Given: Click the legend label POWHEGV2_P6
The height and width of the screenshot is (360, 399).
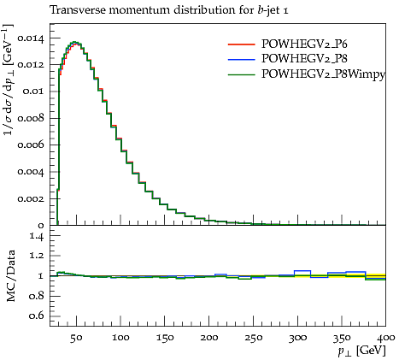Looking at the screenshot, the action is click(x=304, y=44).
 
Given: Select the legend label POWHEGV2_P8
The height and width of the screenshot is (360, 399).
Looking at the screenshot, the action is click(x=304, y=59).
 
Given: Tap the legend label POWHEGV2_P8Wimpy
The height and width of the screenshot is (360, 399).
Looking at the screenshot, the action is click(x=323, y=74).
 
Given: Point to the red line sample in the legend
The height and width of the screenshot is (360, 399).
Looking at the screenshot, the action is click(x=241, y=44).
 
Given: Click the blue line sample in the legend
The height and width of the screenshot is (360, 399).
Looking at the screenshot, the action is click(x=241, y=59).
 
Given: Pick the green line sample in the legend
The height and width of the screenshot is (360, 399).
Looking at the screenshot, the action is click(x=241, y=74).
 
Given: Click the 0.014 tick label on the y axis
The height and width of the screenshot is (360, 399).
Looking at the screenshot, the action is click(x=31, y=38).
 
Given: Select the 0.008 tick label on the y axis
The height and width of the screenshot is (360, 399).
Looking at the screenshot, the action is click(x=31, y=118).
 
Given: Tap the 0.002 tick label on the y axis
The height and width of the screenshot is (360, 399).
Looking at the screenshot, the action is click(x=31, y=198).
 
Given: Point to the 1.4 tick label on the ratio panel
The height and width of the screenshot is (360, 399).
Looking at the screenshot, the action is click(x=37, y=236).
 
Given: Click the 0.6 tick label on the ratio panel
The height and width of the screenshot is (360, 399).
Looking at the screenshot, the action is click(x=37, y=316).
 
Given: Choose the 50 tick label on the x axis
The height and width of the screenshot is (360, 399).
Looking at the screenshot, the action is click(x=76, y=338).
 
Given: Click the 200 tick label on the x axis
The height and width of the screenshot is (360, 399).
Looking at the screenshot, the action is click(x=209, y=338).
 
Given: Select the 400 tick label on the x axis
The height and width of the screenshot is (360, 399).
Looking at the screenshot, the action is click(x=385, y=338).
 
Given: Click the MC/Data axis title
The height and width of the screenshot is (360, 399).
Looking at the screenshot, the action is click(x=10, y=275).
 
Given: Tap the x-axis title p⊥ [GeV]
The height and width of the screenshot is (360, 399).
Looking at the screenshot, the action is click(x=361, y=351).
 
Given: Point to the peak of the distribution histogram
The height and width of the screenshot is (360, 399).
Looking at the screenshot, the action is click(x=74, y=42).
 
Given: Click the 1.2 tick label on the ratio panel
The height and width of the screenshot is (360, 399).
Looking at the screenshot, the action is click(x=37, y=256).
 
